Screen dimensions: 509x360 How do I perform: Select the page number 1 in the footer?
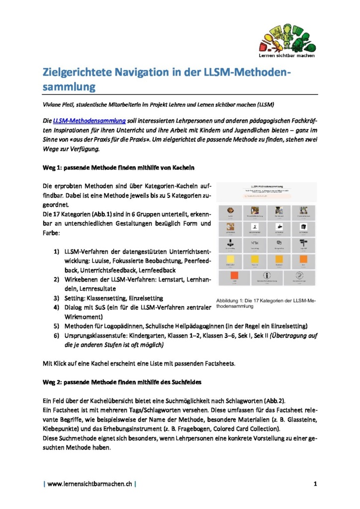click(x=315, y=483)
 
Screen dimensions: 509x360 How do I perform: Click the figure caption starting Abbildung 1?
click(x=266, y=303)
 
